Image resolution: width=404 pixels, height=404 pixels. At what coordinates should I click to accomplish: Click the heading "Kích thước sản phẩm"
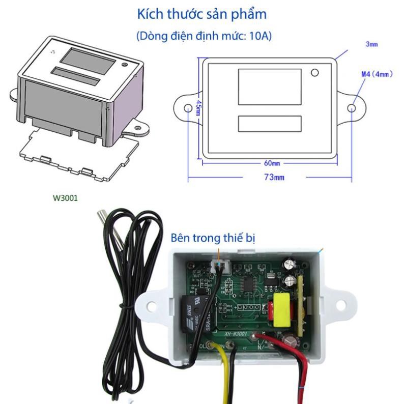(x=202, y=14)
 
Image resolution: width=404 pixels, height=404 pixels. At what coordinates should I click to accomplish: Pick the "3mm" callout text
(x=372, y=45)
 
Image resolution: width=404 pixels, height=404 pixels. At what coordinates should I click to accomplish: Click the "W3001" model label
(x=66, y=198)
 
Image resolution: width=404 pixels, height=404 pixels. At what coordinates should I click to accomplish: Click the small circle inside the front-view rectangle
(x=315, y=73)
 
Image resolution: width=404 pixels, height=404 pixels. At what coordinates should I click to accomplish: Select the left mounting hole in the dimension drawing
(x=190, y=108)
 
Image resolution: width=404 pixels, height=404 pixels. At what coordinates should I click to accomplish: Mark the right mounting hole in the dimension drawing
(x=351, y=108)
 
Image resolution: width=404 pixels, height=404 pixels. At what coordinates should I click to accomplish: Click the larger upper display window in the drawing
(x=269, y=86)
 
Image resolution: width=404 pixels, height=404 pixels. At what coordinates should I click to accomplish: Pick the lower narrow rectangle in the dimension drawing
(x=269, y=124)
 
